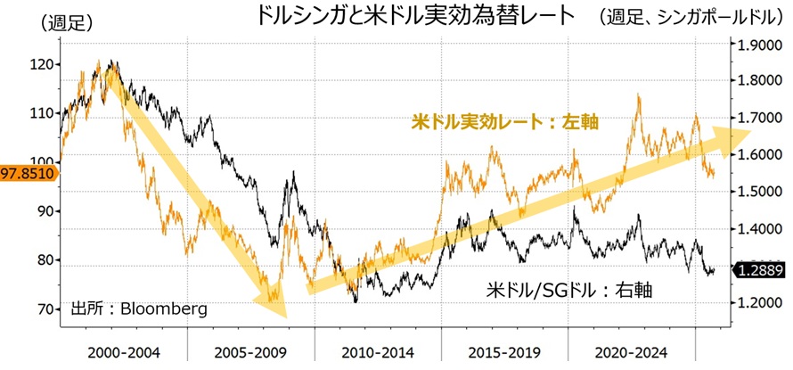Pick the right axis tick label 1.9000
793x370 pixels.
point(756,44)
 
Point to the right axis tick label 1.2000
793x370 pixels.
point(756,303)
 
